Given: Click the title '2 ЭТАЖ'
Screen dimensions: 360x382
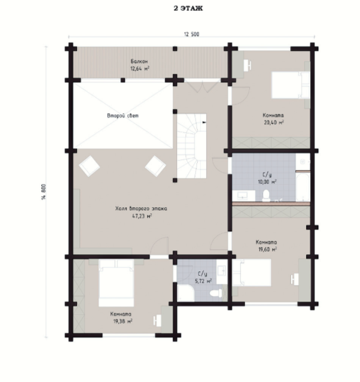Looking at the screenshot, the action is pos(188,8).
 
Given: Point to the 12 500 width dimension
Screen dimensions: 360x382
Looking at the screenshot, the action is pos(192,35).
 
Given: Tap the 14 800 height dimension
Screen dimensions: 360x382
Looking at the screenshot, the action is pos(44,192).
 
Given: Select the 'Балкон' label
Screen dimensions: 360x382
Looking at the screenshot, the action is pos(139,61).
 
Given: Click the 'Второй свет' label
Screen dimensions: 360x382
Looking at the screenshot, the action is pos(122,116).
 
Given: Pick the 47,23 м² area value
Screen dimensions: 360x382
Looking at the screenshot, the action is pos(142,216).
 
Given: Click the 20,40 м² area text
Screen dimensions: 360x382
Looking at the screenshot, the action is pos(274,122).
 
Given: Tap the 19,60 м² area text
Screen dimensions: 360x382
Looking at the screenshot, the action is pos(267,249).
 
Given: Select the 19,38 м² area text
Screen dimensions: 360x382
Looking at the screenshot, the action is pos(122,321).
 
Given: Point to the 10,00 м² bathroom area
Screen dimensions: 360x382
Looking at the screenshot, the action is pos(267,182).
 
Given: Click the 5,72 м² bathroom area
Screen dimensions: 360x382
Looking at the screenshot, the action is pos(203,281).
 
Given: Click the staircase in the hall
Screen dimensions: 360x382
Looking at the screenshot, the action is pos(192,146).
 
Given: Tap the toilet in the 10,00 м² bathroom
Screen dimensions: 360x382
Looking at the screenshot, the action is pos(266,196).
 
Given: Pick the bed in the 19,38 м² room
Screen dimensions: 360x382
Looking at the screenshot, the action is pos(116,283).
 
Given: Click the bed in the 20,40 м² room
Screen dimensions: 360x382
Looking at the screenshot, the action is pos(291,85).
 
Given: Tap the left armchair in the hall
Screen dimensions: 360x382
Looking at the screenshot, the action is pos(89,166).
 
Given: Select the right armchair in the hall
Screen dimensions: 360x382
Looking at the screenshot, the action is pos(155,166).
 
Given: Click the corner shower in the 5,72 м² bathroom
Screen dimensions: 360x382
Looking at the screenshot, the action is pos(185,293).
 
